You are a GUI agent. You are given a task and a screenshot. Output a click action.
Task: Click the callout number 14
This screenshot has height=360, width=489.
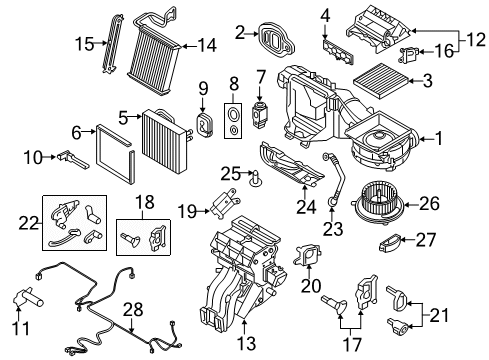(207, 45)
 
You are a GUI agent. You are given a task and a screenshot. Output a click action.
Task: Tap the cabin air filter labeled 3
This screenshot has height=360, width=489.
(381, 80)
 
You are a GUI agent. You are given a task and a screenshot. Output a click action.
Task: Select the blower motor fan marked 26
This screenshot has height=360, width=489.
(378, 203)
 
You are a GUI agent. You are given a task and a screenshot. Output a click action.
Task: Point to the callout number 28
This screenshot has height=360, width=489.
(133, 310)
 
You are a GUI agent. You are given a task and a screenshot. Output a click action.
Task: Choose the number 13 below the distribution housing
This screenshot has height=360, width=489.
(246, 343)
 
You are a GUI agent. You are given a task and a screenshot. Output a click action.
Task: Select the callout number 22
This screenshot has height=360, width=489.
(28, 223)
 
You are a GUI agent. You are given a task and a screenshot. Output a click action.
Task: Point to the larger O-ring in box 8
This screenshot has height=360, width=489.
(233, 114)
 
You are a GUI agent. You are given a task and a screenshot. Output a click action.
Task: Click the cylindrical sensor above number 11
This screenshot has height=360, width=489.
(28, 297)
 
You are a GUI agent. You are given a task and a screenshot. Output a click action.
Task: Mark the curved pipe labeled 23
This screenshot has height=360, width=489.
(335, 178)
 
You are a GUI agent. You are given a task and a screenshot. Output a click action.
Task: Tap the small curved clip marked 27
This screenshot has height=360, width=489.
(389, 242)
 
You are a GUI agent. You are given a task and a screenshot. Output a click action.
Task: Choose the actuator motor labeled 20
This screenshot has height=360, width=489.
(308, 255)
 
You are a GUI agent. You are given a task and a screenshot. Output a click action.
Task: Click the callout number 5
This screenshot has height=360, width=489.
(123, 118)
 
